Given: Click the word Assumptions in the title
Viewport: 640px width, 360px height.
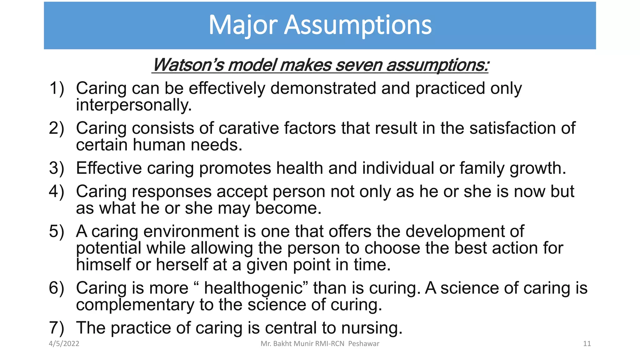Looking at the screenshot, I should tap(358, 25).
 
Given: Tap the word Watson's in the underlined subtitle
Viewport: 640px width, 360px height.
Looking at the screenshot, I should tap(188, 65).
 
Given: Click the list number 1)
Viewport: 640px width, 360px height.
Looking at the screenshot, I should tap(57, 88).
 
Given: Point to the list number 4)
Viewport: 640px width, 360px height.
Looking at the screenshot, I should tap(57, 191).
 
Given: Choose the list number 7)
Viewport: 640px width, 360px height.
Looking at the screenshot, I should tap(57, 328).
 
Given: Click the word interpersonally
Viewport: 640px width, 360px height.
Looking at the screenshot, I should tap(134, 105).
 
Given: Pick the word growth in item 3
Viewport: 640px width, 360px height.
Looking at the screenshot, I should tap(537, 168).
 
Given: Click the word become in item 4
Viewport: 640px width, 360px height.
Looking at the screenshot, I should tap(288, 208).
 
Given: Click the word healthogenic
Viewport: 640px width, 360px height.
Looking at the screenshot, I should tap(253, 288).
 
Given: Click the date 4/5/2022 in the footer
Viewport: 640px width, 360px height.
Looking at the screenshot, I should tap(64, 344).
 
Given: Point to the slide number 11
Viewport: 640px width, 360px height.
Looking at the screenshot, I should tap(587, 344).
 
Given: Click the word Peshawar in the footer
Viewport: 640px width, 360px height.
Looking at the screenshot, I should tap(364, 344).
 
